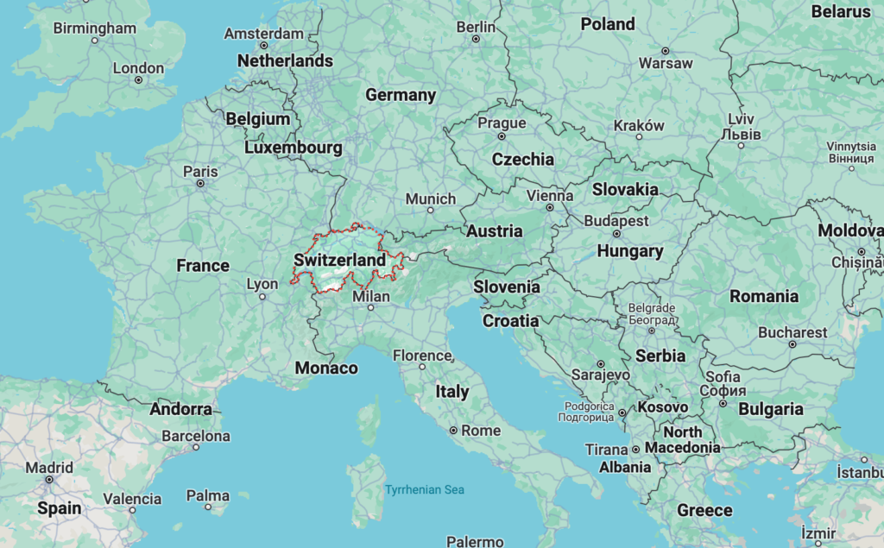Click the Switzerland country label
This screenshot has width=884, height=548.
(x=339, y=260)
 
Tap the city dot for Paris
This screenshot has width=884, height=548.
(x=200, y=183)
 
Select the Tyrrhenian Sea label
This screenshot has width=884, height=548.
(x=425, y=490)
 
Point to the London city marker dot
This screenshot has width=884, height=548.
(x=138, y=80)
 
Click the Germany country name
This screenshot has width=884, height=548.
(x=401, y=95)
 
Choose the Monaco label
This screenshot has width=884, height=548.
(x=326, y=368)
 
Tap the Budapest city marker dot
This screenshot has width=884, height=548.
(x=616, y=233)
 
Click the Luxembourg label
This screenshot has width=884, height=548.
(x=294, y=148)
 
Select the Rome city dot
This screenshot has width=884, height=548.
(x=453, y=430)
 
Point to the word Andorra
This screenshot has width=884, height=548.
(x=180, y=409)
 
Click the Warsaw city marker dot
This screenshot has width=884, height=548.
(x=665, y=49)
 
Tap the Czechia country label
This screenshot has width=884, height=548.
(x=523, y=160)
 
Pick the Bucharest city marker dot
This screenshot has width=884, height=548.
(x=792, y=343)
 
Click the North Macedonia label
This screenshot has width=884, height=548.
(x=682, y=439)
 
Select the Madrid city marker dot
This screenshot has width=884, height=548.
(x=49, y=479)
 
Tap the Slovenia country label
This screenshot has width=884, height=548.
(x=507, y=287)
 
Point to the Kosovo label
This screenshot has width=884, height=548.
(x=663, y=407)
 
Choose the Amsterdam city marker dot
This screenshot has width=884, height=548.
(x=264, y=45)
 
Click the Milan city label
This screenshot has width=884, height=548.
(x=372, y=297)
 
